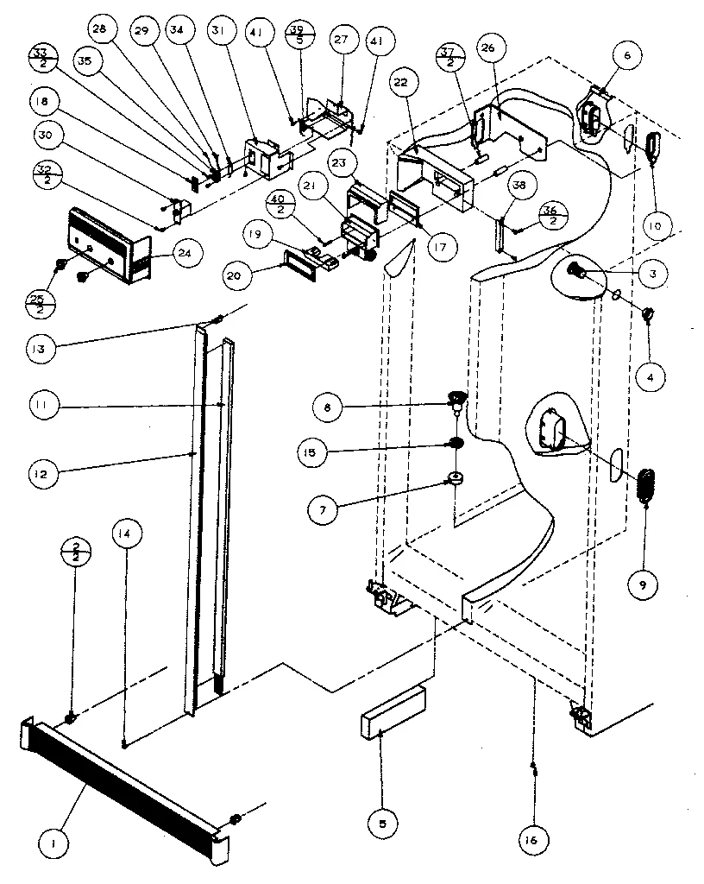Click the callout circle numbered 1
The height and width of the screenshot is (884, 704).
click(x=54, y=842)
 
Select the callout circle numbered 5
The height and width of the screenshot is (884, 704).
click(x=382, y=824)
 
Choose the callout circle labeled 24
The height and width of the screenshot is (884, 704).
click(x=182, y=254)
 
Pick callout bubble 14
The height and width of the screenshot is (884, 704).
click(x=125, y=534)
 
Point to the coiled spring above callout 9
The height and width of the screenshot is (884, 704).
click(x=646, y=492)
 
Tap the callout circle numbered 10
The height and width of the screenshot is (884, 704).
click(x=657, y=227)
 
